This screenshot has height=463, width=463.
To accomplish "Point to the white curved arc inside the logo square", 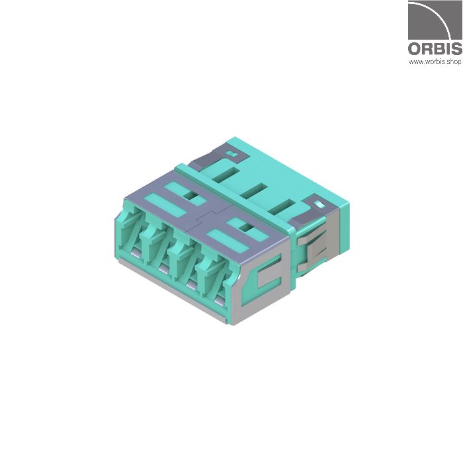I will [437, 17].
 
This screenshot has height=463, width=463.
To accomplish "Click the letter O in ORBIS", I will [415, 49].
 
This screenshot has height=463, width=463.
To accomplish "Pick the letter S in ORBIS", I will [457, 49].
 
